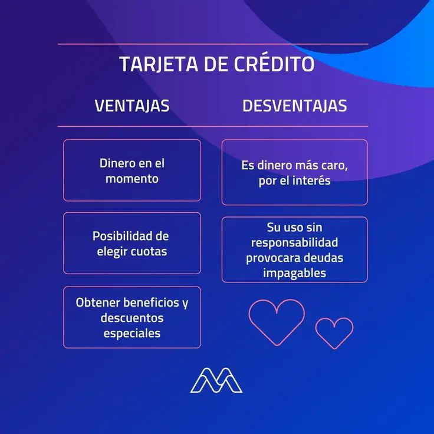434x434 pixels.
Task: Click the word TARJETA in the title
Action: tap(159, 64)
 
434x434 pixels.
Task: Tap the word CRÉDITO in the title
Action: tap(274, 63)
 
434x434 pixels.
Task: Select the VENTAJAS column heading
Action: tap(132, 106)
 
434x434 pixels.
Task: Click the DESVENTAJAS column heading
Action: tap(294, 106)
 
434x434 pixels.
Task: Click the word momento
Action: tap(132, 179)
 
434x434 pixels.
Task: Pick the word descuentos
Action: tap(132, 318)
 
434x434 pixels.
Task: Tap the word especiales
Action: tap(132, 334)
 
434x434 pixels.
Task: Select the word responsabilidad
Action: tap(294, 243)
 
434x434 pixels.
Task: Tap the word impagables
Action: tap(294, 273)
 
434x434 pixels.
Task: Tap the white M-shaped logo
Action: tap(216, 380)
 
